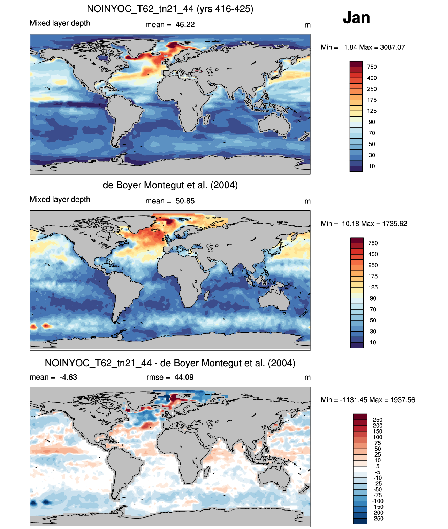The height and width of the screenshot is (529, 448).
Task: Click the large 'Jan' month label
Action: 356,18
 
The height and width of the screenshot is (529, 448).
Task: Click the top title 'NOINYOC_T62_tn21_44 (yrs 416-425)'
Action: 170,9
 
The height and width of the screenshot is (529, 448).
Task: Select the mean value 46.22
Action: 185,25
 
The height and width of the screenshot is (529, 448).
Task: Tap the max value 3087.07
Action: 393,47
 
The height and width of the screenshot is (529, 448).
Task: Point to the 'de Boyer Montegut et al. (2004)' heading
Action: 170,185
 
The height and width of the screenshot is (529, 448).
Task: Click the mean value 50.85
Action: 185,201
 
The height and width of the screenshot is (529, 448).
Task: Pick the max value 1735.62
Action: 394,224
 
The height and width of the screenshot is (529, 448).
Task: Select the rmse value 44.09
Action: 184,377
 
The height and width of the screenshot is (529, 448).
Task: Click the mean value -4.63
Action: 68,377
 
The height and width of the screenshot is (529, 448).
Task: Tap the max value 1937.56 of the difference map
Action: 402,400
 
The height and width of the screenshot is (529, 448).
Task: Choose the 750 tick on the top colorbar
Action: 372,67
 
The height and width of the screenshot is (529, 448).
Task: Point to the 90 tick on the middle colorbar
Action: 373,298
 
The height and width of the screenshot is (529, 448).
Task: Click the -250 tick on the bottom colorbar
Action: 378,519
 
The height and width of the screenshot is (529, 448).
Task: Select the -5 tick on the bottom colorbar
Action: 378,472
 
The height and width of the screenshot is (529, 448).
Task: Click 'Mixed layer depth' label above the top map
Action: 60,23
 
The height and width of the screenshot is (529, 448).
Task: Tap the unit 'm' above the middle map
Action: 307,201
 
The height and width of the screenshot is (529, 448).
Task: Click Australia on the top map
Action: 274,124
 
